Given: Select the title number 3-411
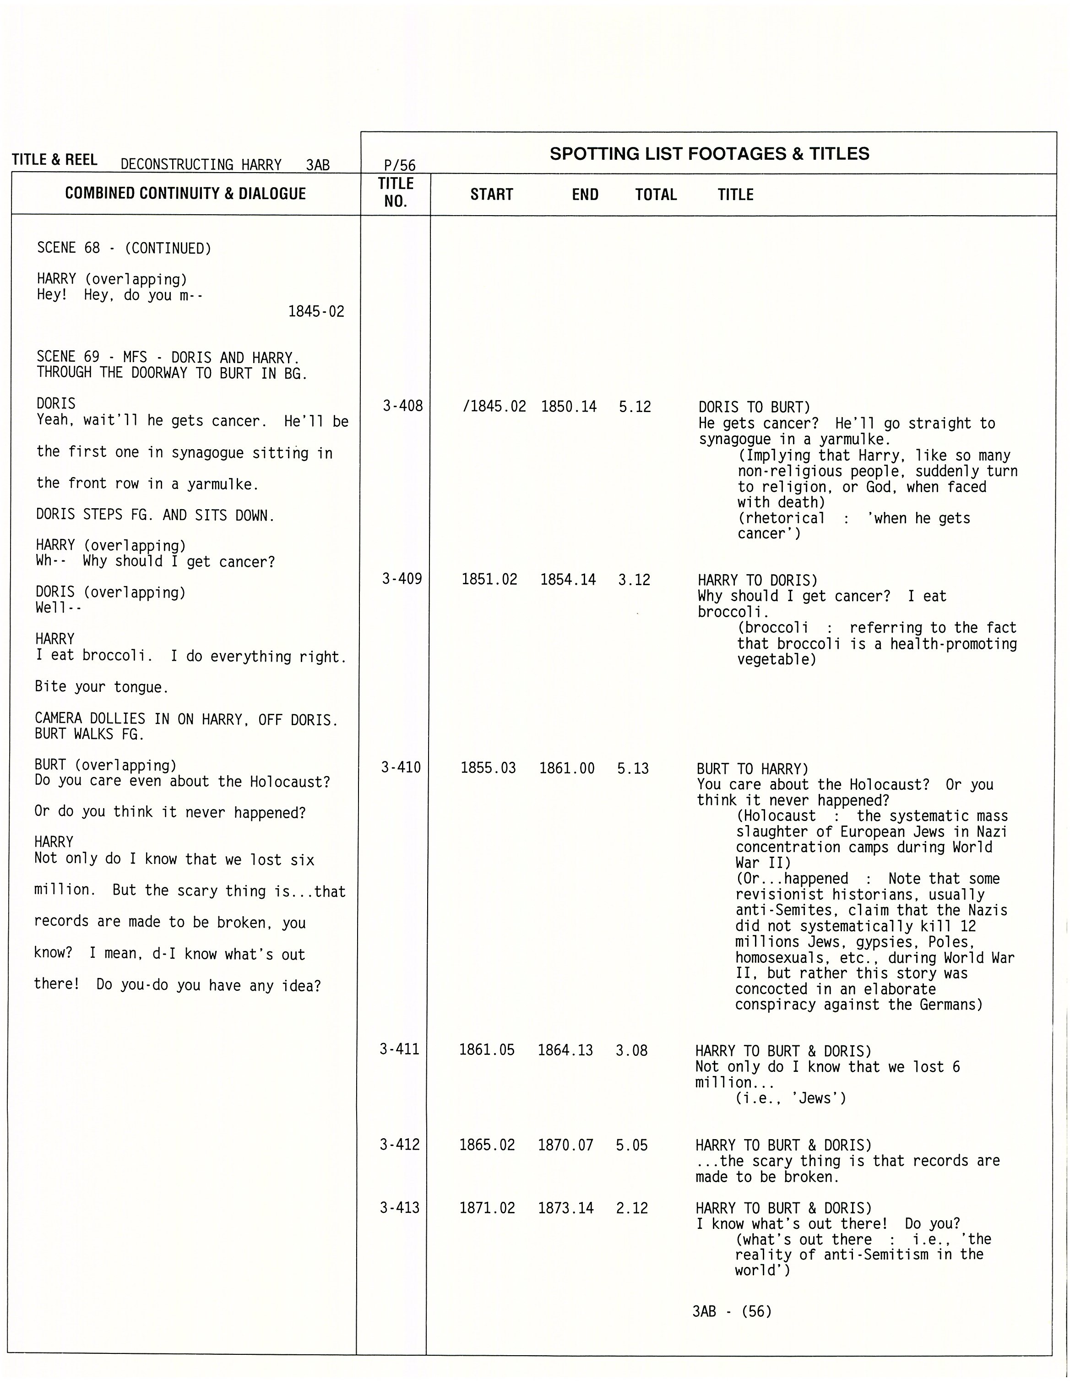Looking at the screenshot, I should click(400, 1049).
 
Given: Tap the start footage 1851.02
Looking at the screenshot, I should click(489, 579).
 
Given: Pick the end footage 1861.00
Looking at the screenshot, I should click(567, 769).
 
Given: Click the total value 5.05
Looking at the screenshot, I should click(632, 1145).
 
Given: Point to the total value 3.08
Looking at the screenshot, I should click(632, 1050).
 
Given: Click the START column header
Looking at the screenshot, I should click(492, 195).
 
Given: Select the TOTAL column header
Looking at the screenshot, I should click(656, 195).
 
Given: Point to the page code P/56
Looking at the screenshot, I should click(400, 166).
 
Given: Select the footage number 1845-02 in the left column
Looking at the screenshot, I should click(316, 311).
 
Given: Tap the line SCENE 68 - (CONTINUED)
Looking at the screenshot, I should click(124, 248).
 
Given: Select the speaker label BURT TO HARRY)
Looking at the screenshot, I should click(752, 769).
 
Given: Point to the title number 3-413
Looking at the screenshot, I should click(400, 1207).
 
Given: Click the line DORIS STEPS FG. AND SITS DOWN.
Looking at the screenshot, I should click(155, 516).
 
